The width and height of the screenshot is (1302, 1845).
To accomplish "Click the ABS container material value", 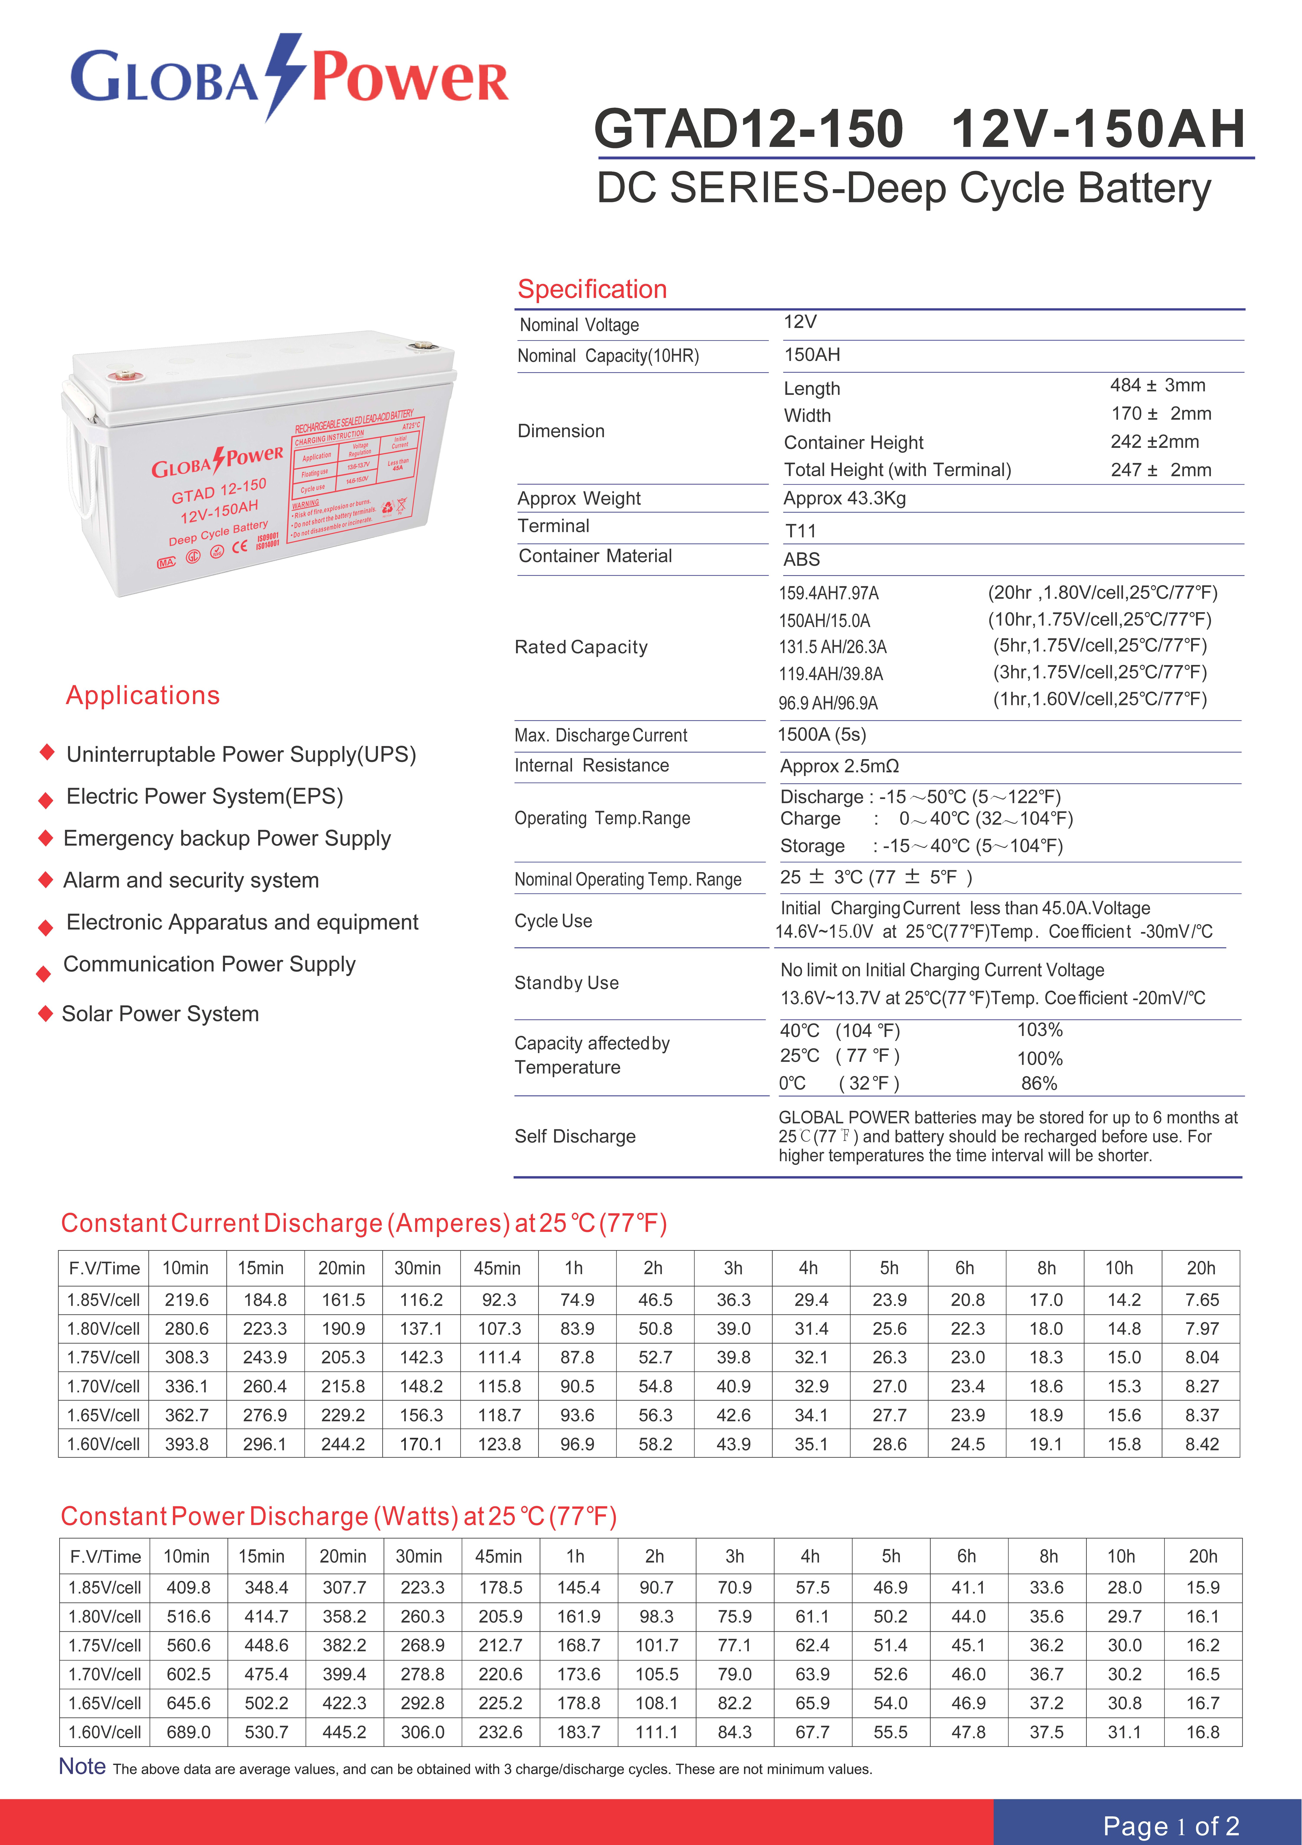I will click(801, 559).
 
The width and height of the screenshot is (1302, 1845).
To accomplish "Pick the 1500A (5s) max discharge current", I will click(821, 734).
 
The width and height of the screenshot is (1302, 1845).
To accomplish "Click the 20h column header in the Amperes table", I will click(1201, 1268).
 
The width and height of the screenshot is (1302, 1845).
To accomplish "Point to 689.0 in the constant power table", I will click(188, 1732).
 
